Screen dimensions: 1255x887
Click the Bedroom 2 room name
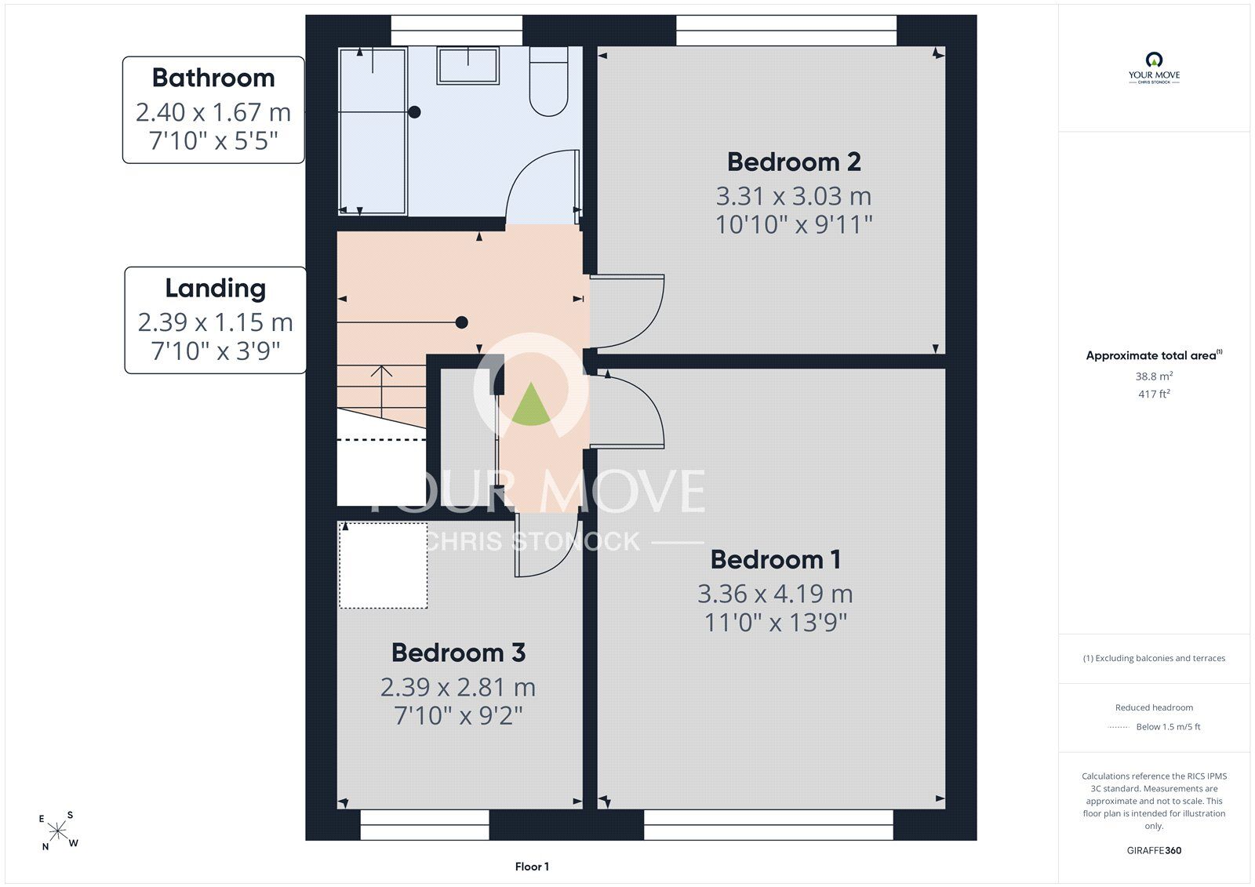[793, 162]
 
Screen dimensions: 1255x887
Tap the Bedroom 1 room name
[776, 560]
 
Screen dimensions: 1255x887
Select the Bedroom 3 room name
[458, 653]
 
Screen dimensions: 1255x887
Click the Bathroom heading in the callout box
[213, 78]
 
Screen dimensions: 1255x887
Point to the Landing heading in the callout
[215, 289]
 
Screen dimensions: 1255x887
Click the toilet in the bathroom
[548, 82]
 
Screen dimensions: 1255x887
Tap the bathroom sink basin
[467, 66]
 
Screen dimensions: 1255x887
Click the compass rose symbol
[58, 831]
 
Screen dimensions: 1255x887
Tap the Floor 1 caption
[532, 867]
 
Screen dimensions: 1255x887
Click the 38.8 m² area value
[1154, 376]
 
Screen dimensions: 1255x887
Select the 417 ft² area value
[1154, 394]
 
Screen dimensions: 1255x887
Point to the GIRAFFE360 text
[1154, 850]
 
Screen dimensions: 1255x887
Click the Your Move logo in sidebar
[1154, 67]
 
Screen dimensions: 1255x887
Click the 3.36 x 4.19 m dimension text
[776, 594]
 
